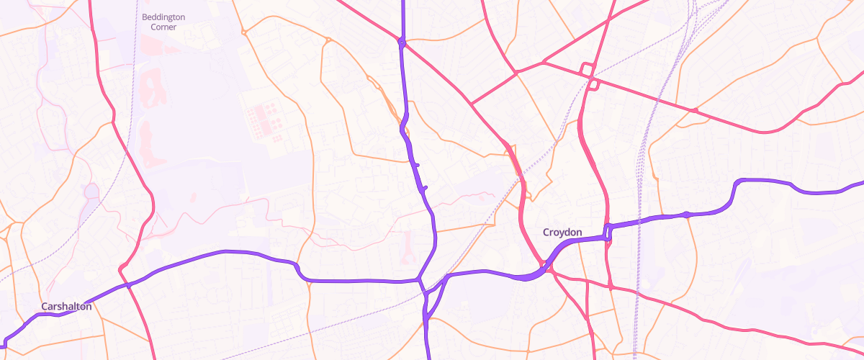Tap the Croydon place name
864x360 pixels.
coord(562,233)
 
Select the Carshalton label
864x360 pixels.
coord(66,307)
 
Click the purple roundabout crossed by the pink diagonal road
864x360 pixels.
coord(402,42)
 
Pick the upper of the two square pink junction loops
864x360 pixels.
coord(587,69)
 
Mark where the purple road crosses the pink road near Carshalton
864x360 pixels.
coord(129,285)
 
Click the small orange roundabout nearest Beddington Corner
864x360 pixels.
coord(244,32)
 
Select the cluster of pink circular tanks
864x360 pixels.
coord(265,118)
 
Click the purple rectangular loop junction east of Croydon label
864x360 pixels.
coord(608,232)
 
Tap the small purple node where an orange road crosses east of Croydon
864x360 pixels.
coord(686,214)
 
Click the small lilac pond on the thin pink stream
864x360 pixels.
coord(91,192)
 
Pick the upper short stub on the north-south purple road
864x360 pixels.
coord(415,166)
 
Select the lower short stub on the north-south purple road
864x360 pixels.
coord(424,188)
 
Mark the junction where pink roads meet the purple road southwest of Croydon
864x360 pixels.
coord(547,268)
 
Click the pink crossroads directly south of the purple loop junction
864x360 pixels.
coord(611,287)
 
